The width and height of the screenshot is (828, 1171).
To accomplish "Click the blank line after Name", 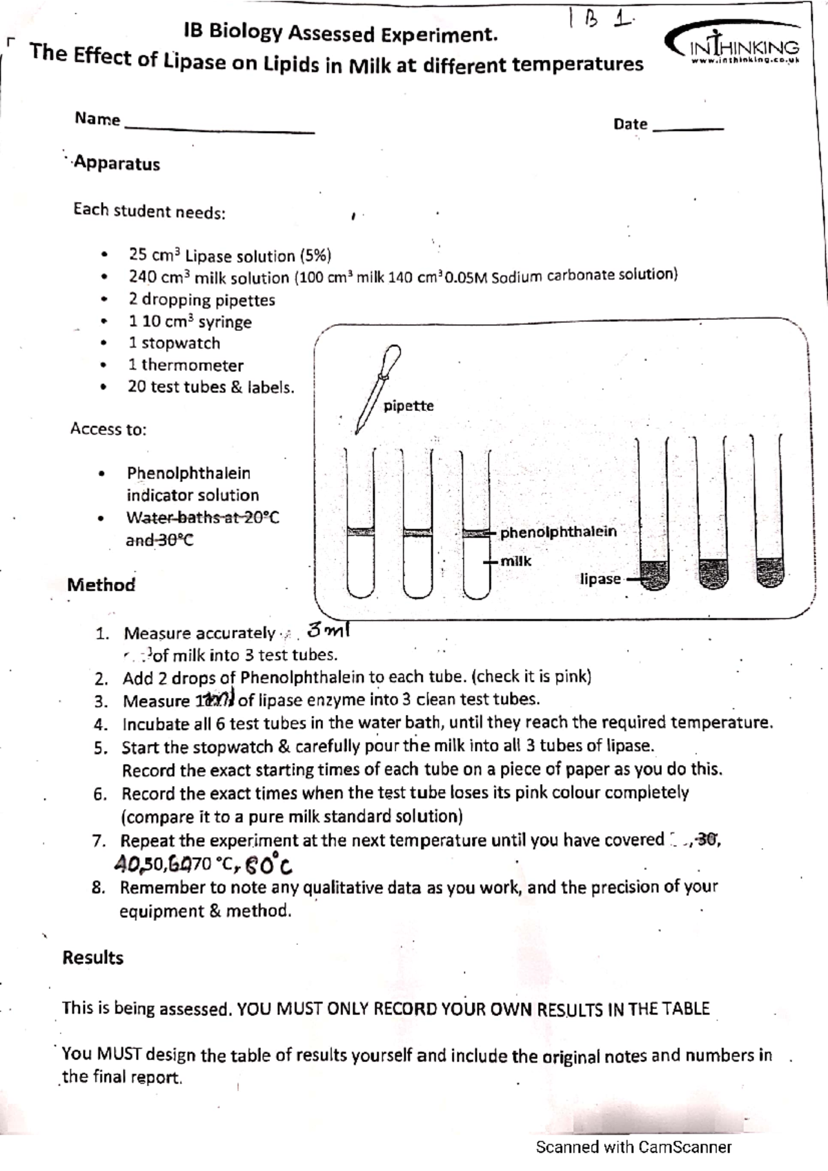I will pos(218,130).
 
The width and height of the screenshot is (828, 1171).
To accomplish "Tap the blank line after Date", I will pos(688,128).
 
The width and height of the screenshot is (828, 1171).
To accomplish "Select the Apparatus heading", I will pos(117,164).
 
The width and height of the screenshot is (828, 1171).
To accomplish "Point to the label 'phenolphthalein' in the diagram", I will pos(558,532).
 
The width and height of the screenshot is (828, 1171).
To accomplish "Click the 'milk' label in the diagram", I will pos(515,561).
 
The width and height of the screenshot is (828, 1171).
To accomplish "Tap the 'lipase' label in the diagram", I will pos(600,579).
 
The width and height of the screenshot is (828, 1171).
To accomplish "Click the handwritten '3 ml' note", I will pos(330,629).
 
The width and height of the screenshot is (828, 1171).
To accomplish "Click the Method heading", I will pos(101,585).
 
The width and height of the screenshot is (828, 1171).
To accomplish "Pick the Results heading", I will pos(92,958).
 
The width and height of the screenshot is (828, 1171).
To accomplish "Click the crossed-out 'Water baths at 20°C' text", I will pos(202,518).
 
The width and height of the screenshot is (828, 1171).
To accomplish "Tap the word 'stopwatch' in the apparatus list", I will pos(181,343).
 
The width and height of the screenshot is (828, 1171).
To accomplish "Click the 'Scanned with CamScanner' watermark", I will pos(633,1148).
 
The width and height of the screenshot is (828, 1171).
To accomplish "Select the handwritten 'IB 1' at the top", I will pos(600,21).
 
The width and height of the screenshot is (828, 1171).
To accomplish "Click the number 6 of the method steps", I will pos(99,794).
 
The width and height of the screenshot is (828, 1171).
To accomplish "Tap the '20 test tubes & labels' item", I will pos(210,388).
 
